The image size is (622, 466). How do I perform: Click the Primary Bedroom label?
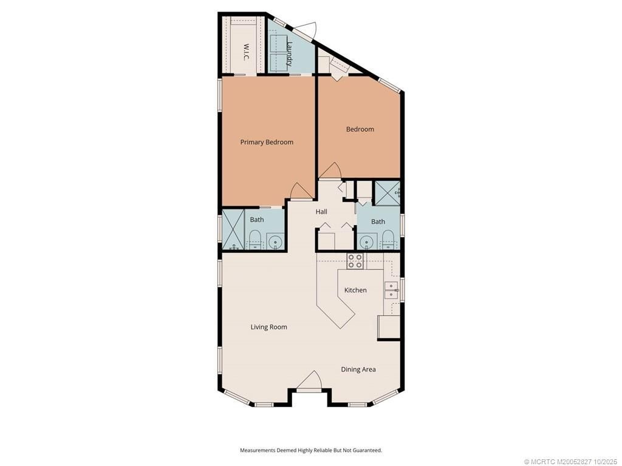pyautogui.click(x=267, y=142)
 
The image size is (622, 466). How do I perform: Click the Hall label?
pyautogui.click(x=321, y=212)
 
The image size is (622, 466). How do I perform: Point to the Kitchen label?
pyautogui.click(x=355, y=290)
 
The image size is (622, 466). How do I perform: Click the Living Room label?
pyautogui.click(x=268, y=327)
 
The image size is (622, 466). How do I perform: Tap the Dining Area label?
pyautogui.click(x=358, y=369)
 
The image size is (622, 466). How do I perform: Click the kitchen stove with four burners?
pyautogui.click(x=355, y=261)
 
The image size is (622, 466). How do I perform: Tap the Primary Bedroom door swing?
pyautogui.click(x=300, y=191)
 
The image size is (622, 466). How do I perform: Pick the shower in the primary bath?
pyautogui.click(x=232, y=229)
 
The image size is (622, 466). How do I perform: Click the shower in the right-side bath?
pyautogui.click(x=386, y=192)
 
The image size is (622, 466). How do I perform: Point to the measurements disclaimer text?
pyautogui.click(x=310, y=450)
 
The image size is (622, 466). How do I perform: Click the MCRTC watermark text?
pyautogui.click(x=570, y=461)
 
